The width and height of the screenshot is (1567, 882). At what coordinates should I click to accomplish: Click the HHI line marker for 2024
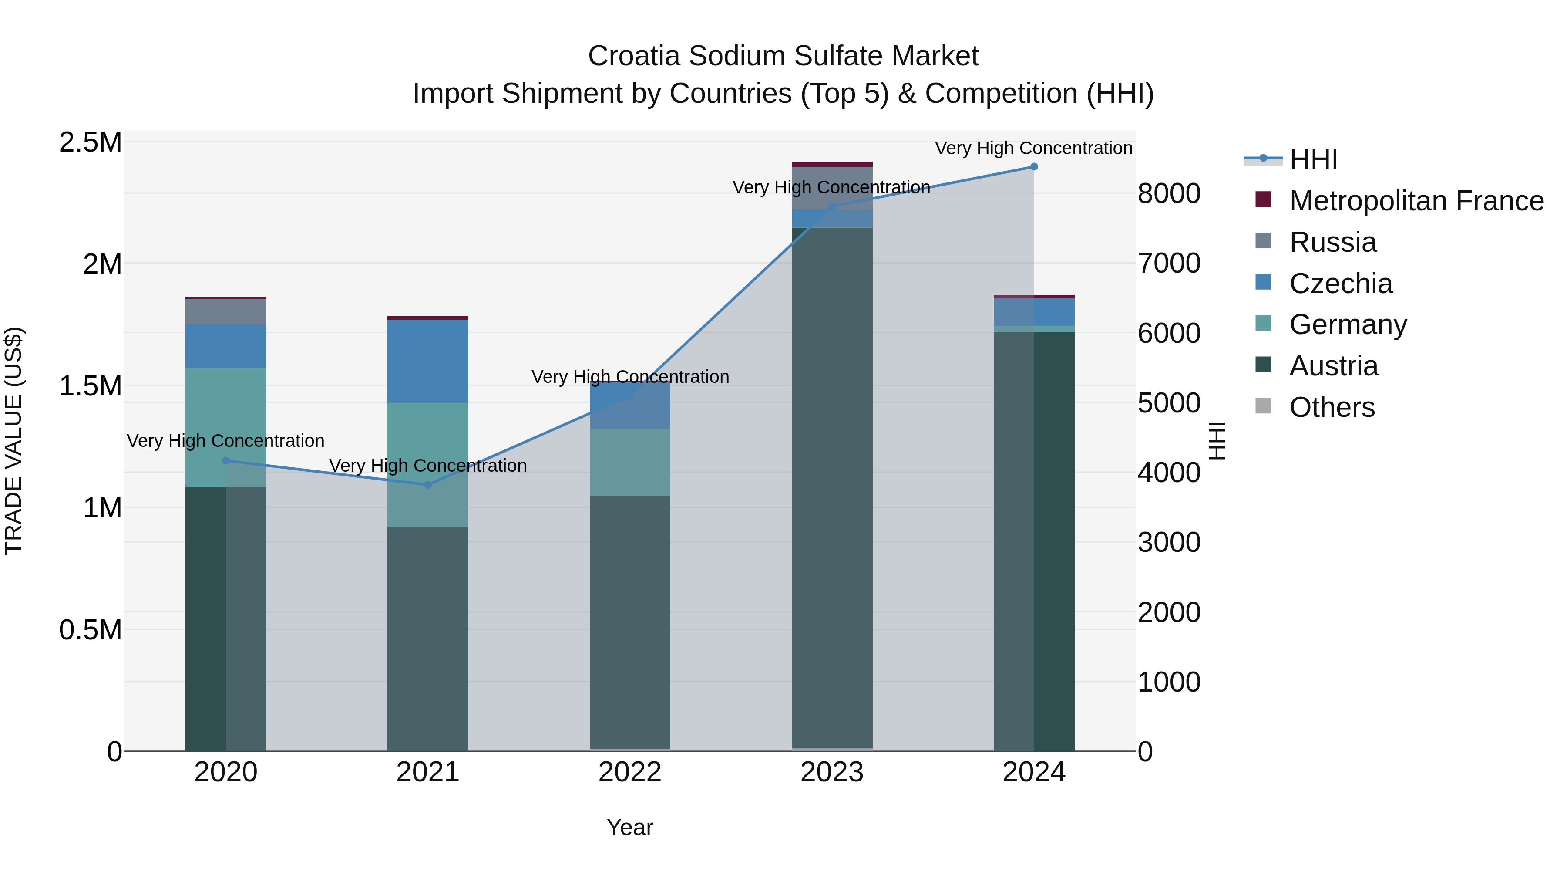point(1033,167)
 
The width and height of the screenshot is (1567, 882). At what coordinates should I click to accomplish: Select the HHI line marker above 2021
point(427,484)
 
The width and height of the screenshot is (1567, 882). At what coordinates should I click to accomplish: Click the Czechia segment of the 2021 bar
point(427,361)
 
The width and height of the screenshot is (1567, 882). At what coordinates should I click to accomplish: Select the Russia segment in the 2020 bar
point(225,312)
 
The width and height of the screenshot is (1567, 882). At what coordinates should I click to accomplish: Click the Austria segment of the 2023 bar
point(831,487)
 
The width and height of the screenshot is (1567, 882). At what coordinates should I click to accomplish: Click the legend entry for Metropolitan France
point(1416,201)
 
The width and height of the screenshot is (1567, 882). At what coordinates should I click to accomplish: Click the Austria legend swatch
point(1263,365)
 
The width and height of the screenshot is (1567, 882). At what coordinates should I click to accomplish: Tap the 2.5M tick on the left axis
point(91,142)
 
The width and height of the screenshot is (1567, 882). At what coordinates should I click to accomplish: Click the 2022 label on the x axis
point(629,772)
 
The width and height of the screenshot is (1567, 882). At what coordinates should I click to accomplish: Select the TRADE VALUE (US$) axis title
point(13,441)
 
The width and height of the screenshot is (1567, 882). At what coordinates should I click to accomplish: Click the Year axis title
point(629,827)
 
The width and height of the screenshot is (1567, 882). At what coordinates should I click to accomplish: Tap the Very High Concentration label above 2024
point(1033,148)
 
